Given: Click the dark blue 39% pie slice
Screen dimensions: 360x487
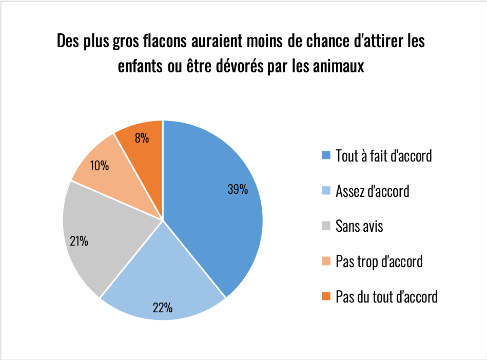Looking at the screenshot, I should (x=216, y=215).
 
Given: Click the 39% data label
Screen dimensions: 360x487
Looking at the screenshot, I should (x=238, y=189).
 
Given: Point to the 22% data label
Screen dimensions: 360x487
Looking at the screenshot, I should (x=162, y=308).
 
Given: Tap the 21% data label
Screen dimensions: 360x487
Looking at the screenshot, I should (x=79, y=241).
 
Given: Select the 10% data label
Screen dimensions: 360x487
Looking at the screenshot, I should (x=99, y=165).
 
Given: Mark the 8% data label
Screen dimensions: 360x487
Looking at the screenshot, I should (x=142, y=137).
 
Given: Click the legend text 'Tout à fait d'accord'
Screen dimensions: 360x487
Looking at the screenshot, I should (x=383, y=155).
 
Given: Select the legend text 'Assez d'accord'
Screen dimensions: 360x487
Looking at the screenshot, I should (x=372, y=191).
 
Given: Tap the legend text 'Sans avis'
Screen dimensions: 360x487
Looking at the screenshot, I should (x=359, y=226).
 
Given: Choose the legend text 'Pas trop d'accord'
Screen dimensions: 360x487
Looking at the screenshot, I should (x=379, y=261).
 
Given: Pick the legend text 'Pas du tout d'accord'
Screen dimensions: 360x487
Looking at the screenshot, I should (x=386, y=296).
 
